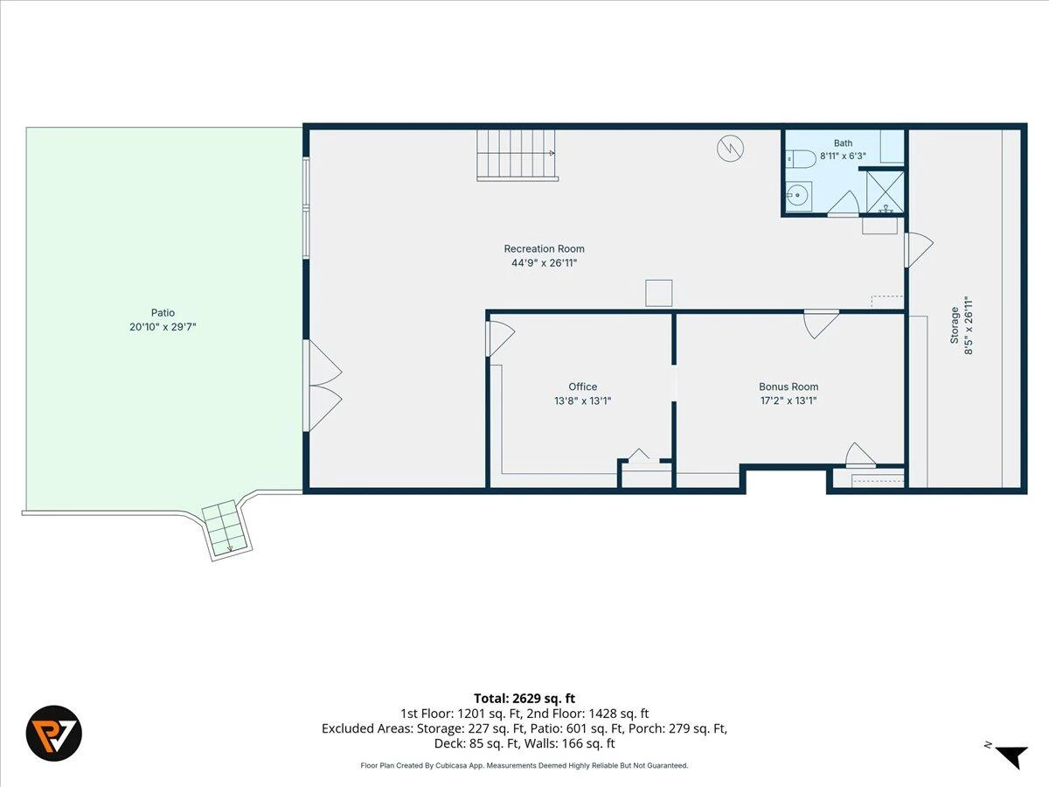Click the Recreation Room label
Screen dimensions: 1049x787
(x=544, y=248)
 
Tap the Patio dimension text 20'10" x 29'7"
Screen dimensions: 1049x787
(x=163, y=327)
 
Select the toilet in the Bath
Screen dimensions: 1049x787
(x=801, y=158)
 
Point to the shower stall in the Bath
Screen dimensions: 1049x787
(x=885, y=192)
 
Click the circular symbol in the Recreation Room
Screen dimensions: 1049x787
(x=730, y=149)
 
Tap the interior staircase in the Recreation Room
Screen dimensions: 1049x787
(x=518, y=156)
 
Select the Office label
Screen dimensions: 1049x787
(x=582, y=387)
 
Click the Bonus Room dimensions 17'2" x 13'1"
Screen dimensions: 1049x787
(x=788, y=400)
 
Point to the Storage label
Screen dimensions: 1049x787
(x=955, y=325)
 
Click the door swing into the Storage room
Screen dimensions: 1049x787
(x=919, y=250)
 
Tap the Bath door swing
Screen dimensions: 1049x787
(x=844, y=204)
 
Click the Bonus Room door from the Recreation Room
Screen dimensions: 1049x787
(x=821, y=324)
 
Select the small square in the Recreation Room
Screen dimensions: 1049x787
(x=659, y=293)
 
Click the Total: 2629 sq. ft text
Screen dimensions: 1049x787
(x=524, y=699)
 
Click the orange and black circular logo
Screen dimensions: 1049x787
(x=54, y=733)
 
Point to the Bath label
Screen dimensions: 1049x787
(x=843, y=143)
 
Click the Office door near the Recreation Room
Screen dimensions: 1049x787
(x=500, y=338)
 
